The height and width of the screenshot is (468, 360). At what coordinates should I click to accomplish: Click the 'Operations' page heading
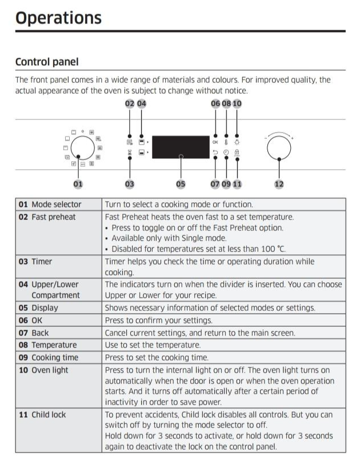(58, 18)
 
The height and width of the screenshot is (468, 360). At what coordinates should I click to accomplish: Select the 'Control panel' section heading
(47, 62)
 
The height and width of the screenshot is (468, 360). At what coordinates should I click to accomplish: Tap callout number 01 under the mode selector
(78, 184)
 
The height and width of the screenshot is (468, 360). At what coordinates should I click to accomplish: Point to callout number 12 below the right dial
(279, 184)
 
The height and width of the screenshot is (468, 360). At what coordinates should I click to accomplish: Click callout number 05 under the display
(181, 184)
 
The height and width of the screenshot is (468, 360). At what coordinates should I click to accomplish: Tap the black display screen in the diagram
(181, 147)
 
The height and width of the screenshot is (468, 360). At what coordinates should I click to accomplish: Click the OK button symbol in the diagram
(215, 142)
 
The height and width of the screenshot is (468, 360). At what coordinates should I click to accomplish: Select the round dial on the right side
(279, 147)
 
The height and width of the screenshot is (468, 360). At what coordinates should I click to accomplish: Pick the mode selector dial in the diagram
(83, 148)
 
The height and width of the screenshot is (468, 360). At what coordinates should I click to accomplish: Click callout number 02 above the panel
(130, 103)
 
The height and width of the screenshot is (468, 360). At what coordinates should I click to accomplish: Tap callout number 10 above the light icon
(237, 103)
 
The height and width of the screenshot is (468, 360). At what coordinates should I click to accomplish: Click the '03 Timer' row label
(35, 262)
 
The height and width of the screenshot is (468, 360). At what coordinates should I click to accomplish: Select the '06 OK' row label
(30, 321)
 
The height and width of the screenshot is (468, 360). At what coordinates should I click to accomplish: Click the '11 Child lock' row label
(43, 415)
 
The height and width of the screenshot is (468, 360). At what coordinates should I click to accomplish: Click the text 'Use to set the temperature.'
(153, 345)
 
